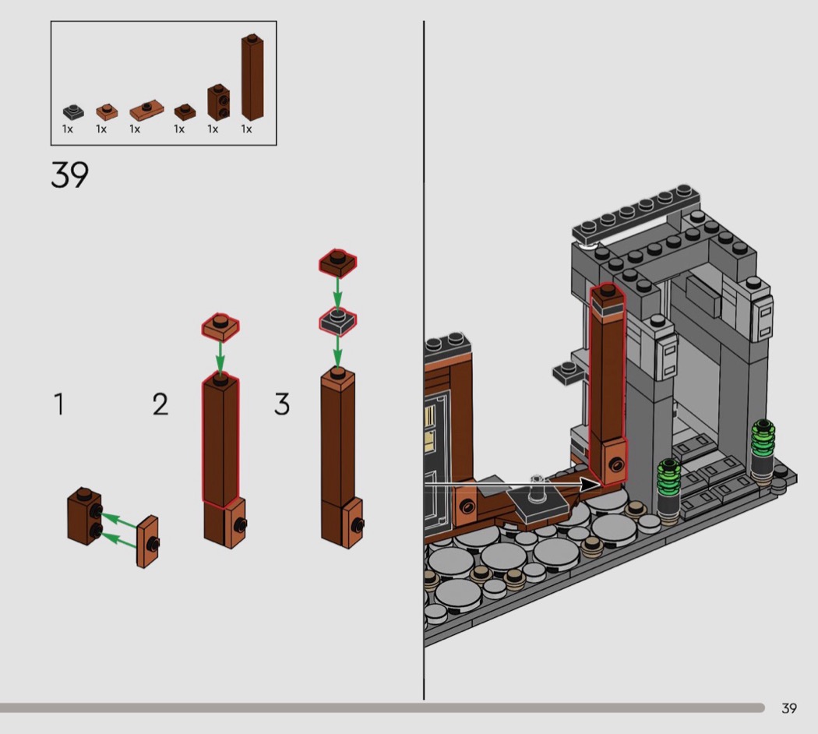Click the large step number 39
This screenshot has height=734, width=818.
click(70, 175)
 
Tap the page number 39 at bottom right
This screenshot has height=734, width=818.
click(789, 708)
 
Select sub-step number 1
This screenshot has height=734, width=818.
click(59, 404)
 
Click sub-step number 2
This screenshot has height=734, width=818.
click(160, 404)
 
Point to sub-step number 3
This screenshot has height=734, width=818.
click(282, 404)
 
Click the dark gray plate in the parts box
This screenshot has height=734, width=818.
click(73, 111)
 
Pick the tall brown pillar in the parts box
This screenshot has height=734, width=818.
click(252, 78)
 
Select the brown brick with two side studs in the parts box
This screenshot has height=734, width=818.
click(219, 102)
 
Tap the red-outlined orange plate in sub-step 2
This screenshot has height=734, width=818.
click(220, 327)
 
